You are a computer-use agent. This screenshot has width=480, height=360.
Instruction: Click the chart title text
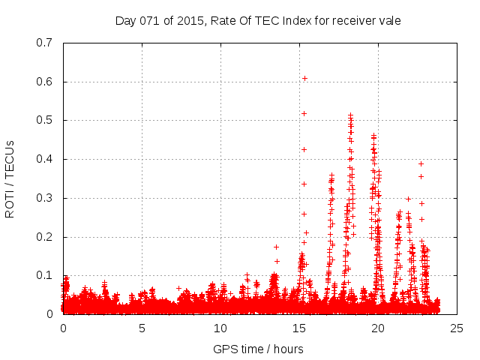258,20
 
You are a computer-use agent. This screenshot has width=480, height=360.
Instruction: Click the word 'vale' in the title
389,20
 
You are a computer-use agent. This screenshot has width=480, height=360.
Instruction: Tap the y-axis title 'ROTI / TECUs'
10,178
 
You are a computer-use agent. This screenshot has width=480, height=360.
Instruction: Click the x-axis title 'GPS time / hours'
258,349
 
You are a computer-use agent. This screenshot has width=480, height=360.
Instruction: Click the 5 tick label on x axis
142,328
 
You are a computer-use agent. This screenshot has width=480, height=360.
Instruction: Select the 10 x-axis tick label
220,328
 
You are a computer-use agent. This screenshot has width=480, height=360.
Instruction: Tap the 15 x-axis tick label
299,328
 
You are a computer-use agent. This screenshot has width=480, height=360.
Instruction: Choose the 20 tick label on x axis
378,328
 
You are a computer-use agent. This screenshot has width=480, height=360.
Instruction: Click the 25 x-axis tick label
457,328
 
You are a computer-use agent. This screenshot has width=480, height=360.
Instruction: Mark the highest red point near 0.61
304,78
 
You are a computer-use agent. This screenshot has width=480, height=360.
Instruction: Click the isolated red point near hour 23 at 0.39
421,163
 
